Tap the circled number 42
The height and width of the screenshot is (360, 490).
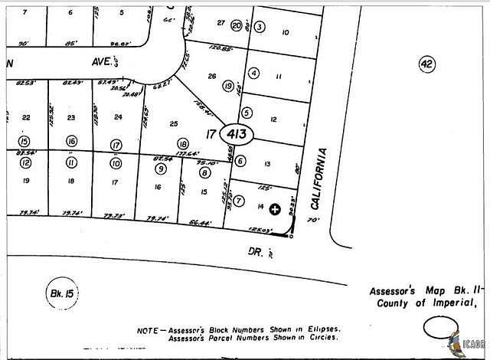pos(426,64)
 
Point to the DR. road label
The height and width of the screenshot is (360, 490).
pos(256,249)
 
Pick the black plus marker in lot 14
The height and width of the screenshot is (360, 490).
pos(276,208)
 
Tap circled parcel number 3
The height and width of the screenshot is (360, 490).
pos(260,28)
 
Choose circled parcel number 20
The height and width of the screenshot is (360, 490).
pos(237,26)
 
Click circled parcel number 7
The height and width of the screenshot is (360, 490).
pos(239,201)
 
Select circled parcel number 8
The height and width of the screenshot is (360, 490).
pos(204,173)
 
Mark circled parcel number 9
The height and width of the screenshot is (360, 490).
pos(160,169)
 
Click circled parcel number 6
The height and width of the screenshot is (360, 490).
pos(240,161)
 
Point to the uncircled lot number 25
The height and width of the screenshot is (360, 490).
pos(174,123)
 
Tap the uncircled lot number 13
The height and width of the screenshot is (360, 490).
pos(267,164)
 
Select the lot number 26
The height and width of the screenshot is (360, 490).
pos(213,75)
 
